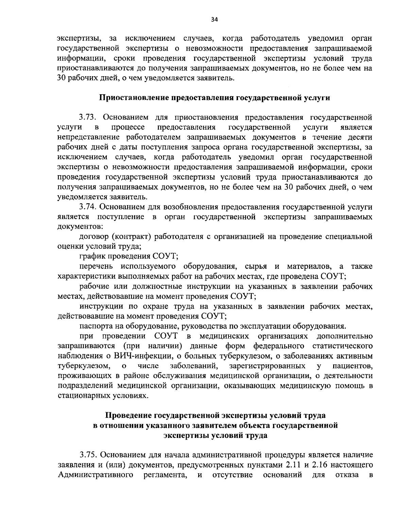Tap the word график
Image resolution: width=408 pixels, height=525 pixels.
point(89,256)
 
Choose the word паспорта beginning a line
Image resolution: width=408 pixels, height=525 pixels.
point(93,326)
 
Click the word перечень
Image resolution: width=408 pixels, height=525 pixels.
point(94,266)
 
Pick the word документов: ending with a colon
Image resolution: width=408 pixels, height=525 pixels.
point(80,227)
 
